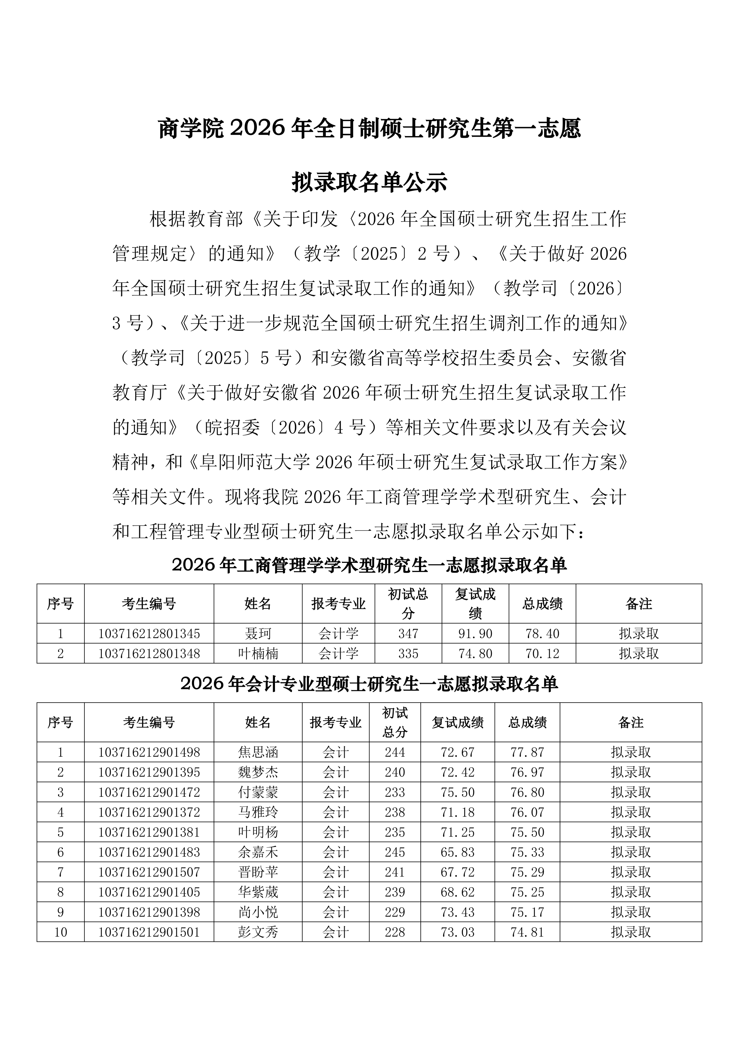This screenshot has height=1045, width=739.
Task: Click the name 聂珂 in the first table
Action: click(x=258, y=634)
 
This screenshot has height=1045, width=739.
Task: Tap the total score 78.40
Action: click(x=542, y=634)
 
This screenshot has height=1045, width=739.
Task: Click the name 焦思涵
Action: click(x=258, y=752)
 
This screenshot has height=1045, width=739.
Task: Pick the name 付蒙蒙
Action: click(x=258, y=792)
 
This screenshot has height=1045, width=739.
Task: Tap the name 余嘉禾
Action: click(x=258, y=852)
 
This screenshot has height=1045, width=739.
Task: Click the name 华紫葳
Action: click(x=258, y=892)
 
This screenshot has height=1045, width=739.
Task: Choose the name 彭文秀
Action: click(x=258, y=932)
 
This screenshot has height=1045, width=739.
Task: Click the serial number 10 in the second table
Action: click(x=61, y=932)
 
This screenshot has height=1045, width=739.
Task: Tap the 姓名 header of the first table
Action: click(x=258, y=604)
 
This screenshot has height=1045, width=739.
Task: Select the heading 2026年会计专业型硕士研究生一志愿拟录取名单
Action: click(x=369, y=684)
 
